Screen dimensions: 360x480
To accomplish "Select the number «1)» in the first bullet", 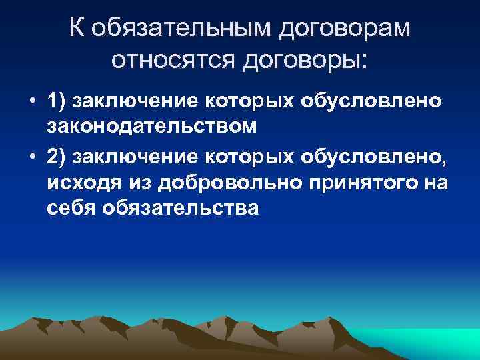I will tap(57, 101).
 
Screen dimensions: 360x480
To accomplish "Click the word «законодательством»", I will tap(148, 125).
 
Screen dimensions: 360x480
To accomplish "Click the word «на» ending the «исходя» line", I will tap(437, 183).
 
